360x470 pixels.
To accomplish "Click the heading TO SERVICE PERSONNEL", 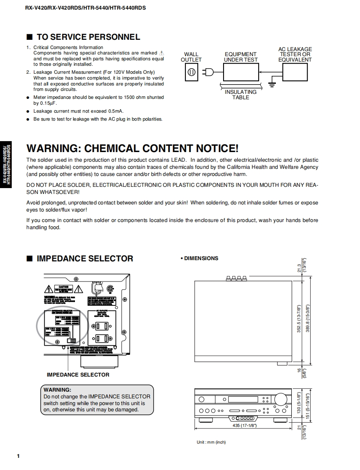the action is click(88, 37).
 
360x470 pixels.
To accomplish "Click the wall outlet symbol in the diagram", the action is click(191, 72).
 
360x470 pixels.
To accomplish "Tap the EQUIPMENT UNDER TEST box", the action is click(241, 72).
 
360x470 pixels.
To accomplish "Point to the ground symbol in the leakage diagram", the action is click(271, 85).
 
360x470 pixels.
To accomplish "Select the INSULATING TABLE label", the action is click(241, 95).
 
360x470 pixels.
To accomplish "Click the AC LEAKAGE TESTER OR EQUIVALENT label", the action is click(295, 54).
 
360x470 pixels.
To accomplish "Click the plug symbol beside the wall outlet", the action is click(208, 72).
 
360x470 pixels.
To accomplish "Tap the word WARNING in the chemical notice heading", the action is click(53, 148).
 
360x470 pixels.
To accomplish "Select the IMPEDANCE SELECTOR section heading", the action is click(85, 258).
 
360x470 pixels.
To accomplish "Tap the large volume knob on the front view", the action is click(281, 398).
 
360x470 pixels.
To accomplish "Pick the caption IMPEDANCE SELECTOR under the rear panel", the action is click(78, 375).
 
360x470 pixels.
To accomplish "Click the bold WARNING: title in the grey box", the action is click(57, 390).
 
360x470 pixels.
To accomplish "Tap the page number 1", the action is click(18, 456).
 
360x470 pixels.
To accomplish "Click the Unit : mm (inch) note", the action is click(211, 442).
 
